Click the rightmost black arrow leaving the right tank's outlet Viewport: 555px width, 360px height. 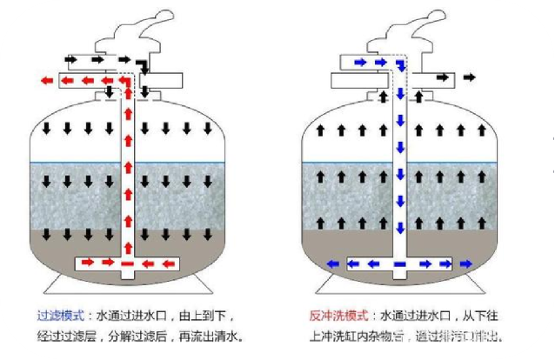coord(471,78)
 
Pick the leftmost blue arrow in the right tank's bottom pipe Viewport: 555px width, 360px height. coord(331,263)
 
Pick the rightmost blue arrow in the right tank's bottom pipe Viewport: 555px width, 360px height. coord(467,263)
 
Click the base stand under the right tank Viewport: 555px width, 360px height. coord(399,285)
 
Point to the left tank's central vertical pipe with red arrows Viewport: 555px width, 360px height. coord(128,174)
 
